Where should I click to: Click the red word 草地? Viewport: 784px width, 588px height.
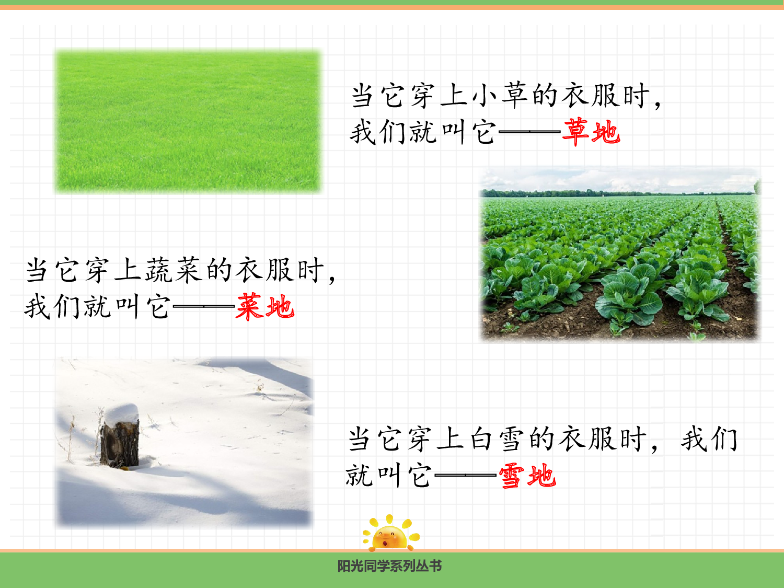[591, 132]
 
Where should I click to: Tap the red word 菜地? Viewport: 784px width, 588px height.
[265, 307]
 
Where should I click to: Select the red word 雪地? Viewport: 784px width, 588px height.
[527, 476]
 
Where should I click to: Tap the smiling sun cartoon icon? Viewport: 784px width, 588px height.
[390, 534]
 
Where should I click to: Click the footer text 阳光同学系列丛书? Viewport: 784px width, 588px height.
[389, 566]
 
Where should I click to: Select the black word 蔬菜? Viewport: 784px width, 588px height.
[173, 270]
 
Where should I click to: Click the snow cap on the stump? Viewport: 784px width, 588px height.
[121, 413]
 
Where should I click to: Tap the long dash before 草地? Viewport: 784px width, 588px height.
[529, 132]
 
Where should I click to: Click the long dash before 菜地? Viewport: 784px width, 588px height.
[203, 307]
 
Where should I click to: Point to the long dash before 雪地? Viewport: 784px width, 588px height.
[465, 476]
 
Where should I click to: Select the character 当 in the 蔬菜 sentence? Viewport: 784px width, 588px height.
[37, 270]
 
